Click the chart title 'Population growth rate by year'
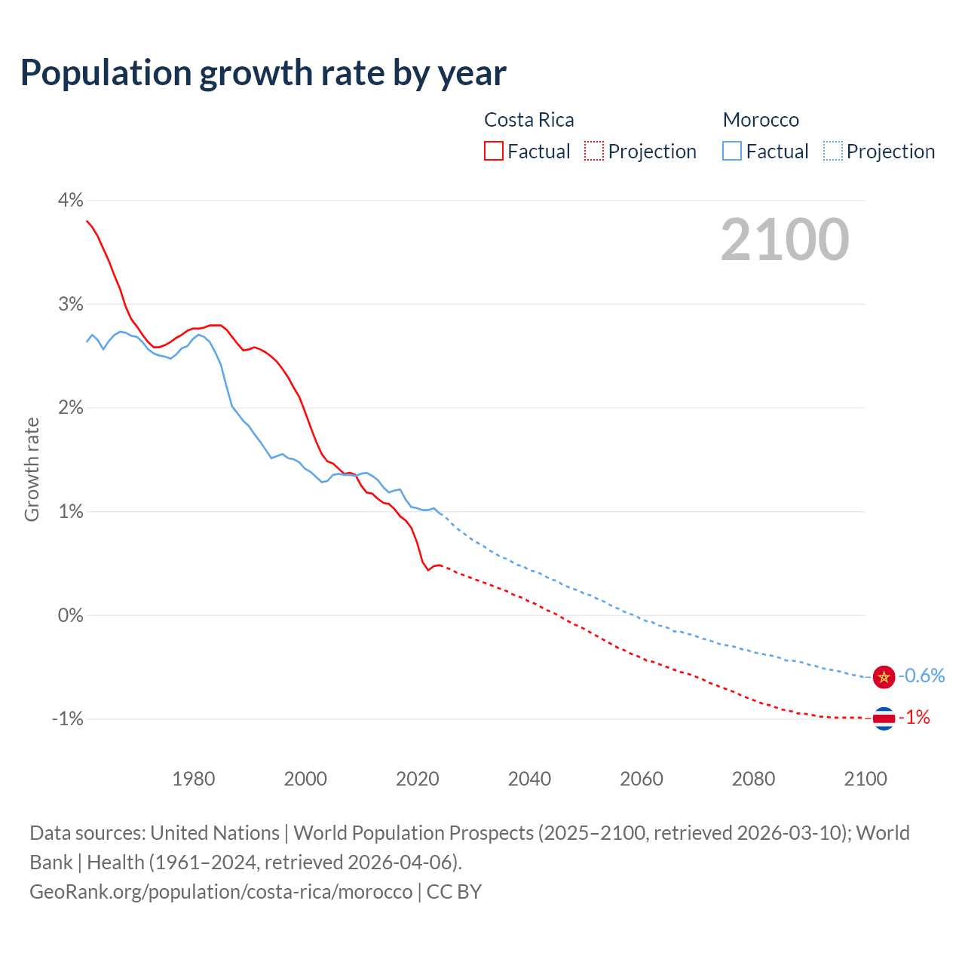click(x=263, y=73)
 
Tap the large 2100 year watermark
click(x=785, y=240)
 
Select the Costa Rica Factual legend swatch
click(x=494, y=151)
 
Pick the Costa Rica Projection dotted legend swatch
click(x=594, y=151)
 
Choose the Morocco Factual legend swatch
click(x=732, y=151)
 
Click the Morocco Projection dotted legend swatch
click(x=832, y=151)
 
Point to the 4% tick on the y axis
click(x=70, y=200)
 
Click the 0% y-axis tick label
click(x=70, y=615)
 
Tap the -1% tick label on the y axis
click(x=67, y=718)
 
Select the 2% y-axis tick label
click(x=70, y=408)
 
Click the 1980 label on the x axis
click(x=194, y=779)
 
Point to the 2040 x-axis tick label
click(x=529, y=779)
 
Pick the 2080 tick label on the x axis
click(x=753, y=779)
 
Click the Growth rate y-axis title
click(x=32, y=469)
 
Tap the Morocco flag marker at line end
click(x=884, y=677)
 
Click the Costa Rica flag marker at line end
click(x=884, y=718)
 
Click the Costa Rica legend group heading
click(x=528, y=120)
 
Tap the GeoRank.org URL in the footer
click(x=221, y=891)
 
